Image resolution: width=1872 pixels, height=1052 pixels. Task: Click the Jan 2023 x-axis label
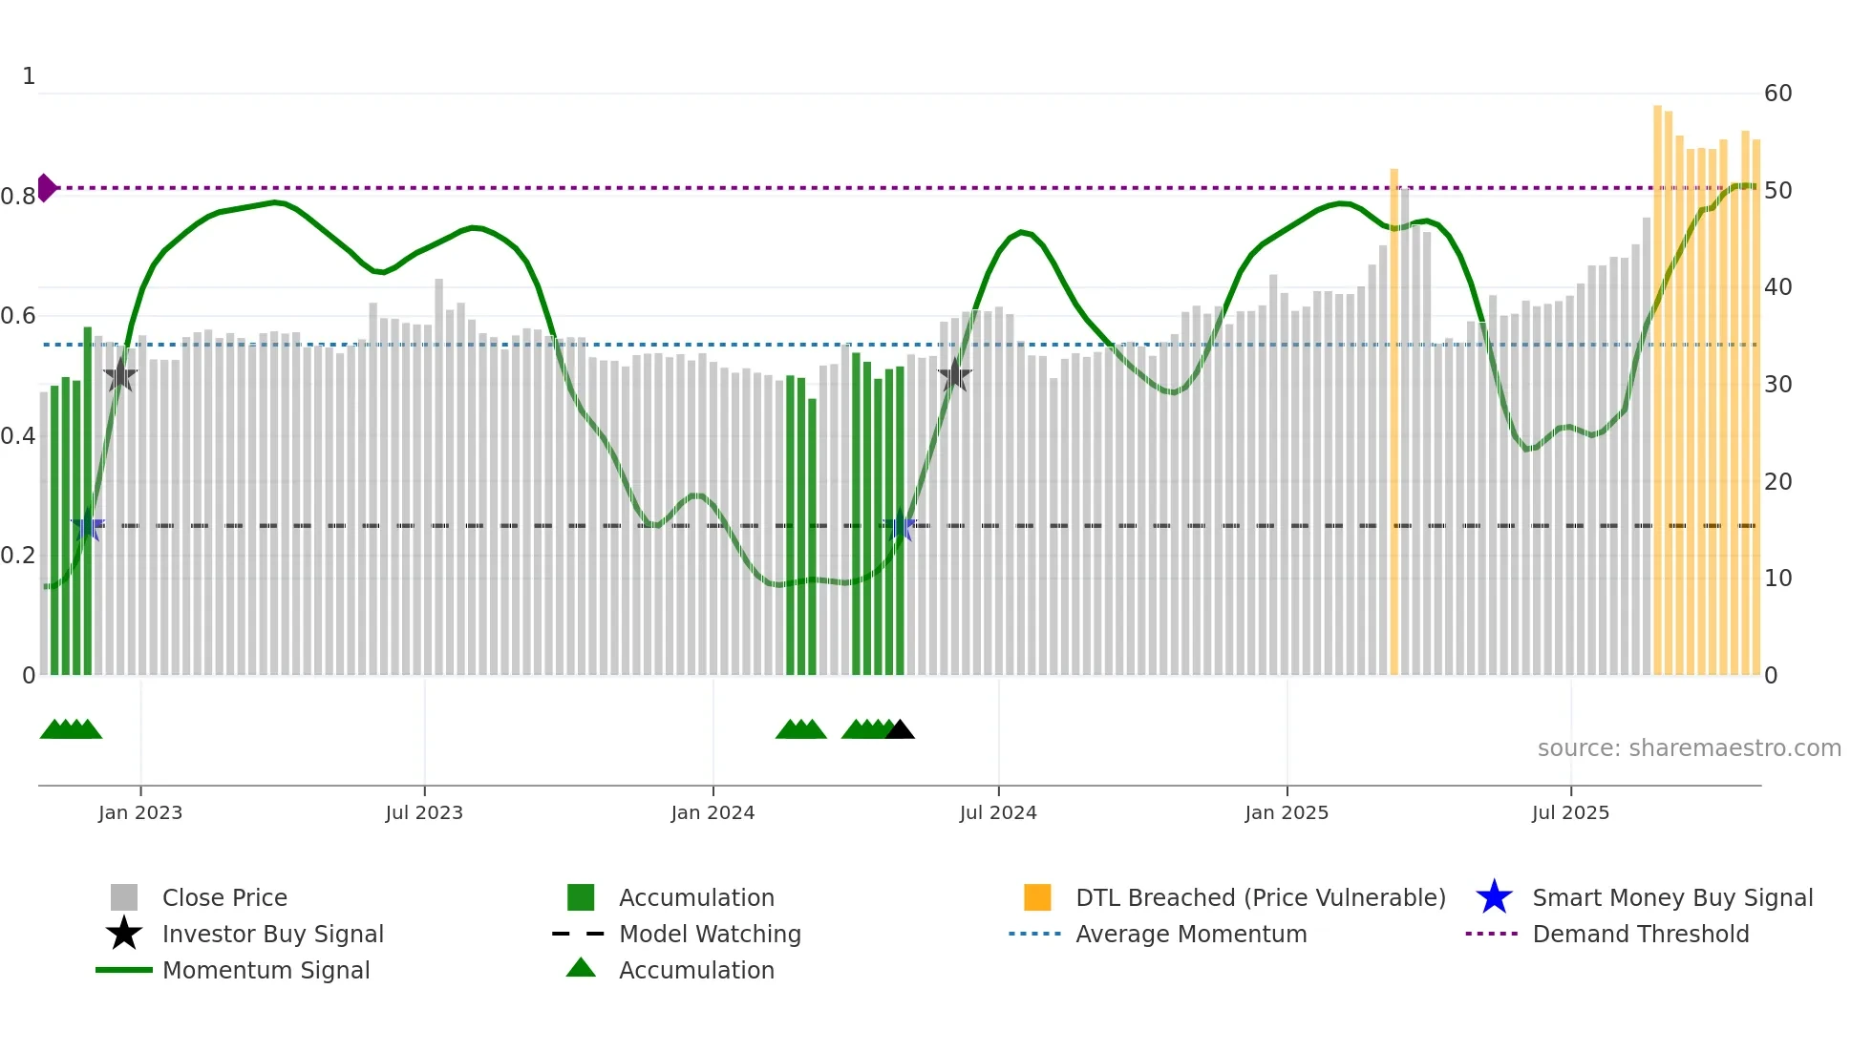139,812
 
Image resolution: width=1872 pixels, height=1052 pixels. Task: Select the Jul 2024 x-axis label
997,812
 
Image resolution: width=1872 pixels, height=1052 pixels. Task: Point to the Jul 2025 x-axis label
1570,812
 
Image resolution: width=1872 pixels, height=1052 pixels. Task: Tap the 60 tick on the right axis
1777,94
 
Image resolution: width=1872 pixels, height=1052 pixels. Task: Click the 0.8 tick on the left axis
18,197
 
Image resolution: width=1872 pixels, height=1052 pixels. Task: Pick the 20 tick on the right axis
1777,482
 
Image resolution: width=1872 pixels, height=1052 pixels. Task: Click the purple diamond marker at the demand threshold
46,188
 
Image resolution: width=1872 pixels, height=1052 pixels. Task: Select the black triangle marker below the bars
900,730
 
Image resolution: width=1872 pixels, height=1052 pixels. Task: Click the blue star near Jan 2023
88,526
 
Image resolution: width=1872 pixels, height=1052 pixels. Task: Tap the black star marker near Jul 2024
954,376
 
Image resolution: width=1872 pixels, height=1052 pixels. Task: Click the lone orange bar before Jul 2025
1393,420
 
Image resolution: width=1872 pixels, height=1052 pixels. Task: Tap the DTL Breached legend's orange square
1037,897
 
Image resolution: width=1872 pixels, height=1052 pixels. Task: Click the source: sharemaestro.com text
1689,748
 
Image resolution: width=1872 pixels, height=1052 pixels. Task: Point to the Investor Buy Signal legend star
124,934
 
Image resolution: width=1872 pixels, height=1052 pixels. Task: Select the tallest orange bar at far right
1657,391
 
